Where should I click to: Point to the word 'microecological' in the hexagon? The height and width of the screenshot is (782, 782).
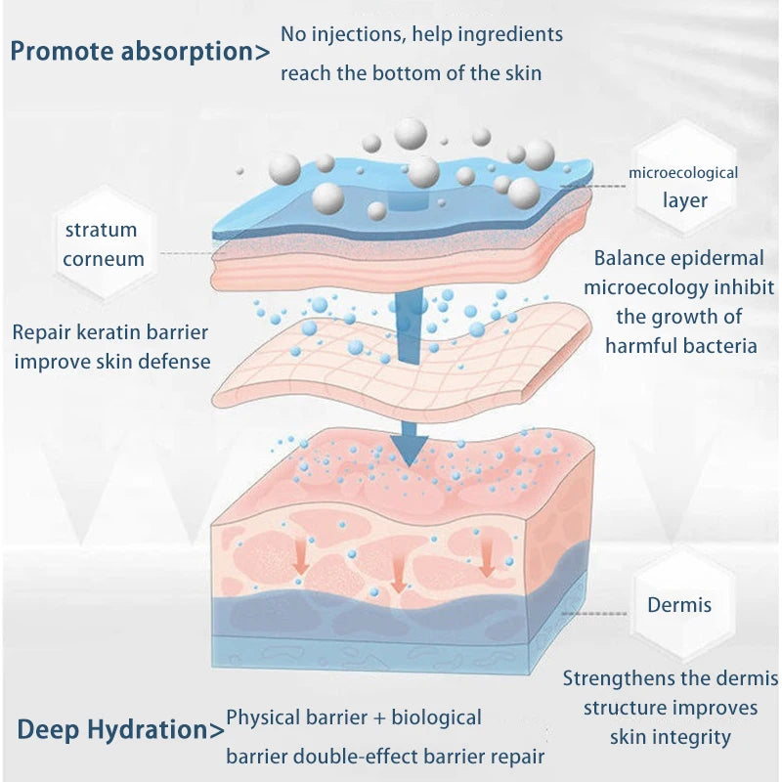683,173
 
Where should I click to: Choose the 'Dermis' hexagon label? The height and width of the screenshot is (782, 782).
679,604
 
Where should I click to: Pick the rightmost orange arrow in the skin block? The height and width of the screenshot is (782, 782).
486,559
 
